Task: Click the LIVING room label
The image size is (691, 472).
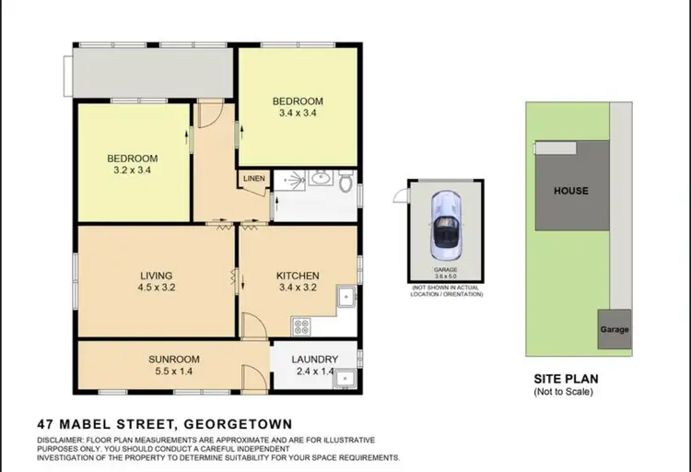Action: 157,275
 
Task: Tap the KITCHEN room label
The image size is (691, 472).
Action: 298,275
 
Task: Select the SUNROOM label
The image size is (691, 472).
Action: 174,359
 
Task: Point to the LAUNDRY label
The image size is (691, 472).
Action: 316,360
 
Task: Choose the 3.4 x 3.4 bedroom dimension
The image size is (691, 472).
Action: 298,114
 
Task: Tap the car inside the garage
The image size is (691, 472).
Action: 445,223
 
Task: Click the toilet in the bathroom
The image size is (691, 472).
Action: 345,183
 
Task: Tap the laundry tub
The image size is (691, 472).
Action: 345,377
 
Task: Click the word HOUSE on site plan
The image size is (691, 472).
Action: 570,191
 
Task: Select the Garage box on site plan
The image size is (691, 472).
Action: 615,330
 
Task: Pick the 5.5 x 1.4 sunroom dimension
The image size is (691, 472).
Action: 174,372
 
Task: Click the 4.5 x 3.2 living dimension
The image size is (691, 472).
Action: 157,288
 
